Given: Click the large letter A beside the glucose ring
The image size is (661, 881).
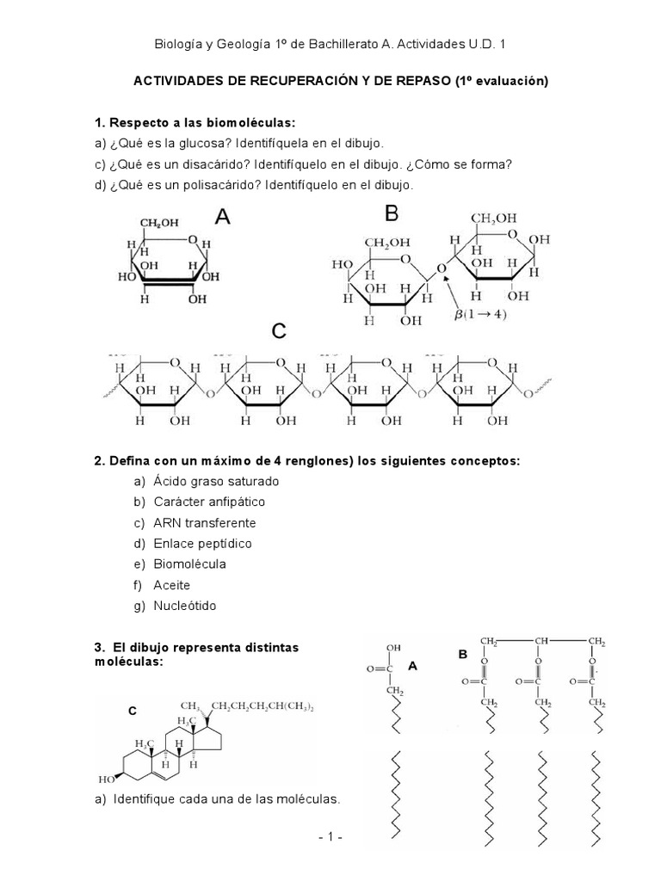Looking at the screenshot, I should click(x=222, y=217).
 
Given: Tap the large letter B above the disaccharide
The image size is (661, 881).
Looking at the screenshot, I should click(x=392, y=213).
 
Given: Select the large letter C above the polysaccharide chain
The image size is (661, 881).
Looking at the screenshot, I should click(x=279, y=331).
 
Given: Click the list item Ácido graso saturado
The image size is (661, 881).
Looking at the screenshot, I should click(x=216, y=481).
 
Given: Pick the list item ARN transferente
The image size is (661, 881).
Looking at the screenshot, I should click(x=204, y=522).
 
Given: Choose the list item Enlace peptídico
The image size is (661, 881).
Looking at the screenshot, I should click(x=202, y=543).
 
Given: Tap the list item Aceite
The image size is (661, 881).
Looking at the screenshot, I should click(x=171, y=585).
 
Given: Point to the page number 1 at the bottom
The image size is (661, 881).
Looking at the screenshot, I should click(x=330, y=836).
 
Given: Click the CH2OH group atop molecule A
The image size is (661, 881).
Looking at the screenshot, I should click(x=160, y=224).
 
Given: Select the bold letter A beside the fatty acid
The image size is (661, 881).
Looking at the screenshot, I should click(x=412, y=665).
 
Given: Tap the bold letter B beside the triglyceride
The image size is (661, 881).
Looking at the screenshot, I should click(x=462, y=655).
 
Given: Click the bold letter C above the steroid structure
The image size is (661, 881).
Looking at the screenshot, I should click(x=133, y=711).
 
